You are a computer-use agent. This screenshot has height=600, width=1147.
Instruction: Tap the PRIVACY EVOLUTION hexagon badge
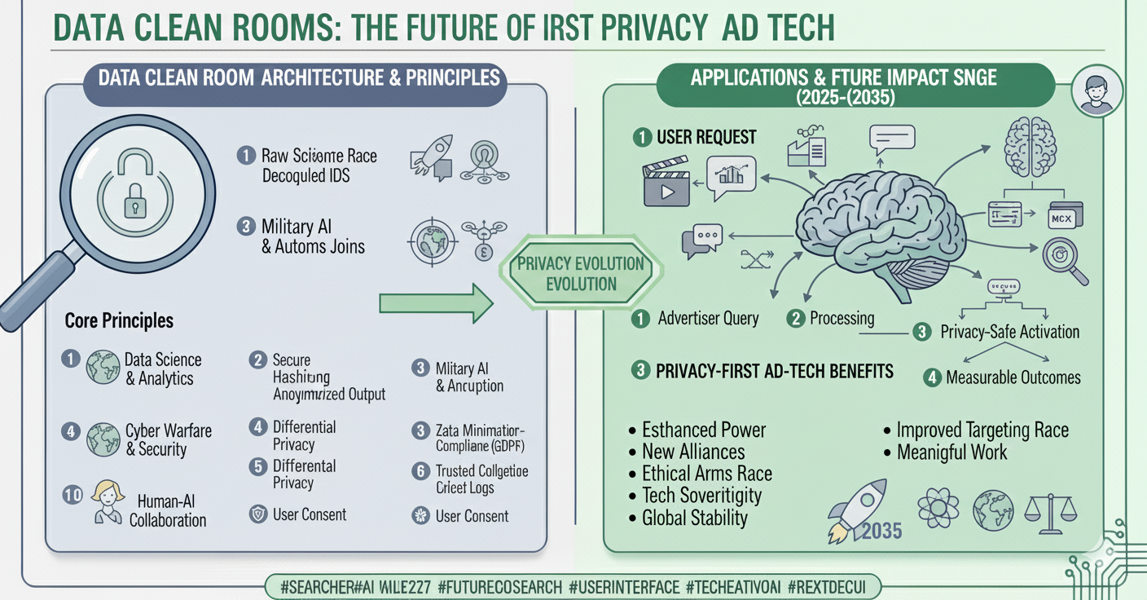click(582, 274)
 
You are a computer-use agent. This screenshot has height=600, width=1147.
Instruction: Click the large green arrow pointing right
click(437, 303)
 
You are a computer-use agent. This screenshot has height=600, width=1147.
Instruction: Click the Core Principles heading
click(119, 320)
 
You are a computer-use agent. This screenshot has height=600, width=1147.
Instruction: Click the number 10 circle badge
click(73, 495)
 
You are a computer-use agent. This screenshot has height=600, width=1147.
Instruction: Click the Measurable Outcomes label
click(1013, 377)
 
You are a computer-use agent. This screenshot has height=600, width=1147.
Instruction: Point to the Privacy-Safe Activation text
click(1009, 332)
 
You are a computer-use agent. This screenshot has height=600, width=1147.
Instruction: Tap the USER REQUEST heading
click(706, 138)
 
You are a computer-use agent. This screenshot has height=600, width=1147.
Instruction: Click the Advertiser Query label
click(708, 319)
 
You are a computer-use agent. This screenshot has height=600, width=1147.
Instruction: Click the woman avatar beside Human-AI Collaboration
click(108, 501)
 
